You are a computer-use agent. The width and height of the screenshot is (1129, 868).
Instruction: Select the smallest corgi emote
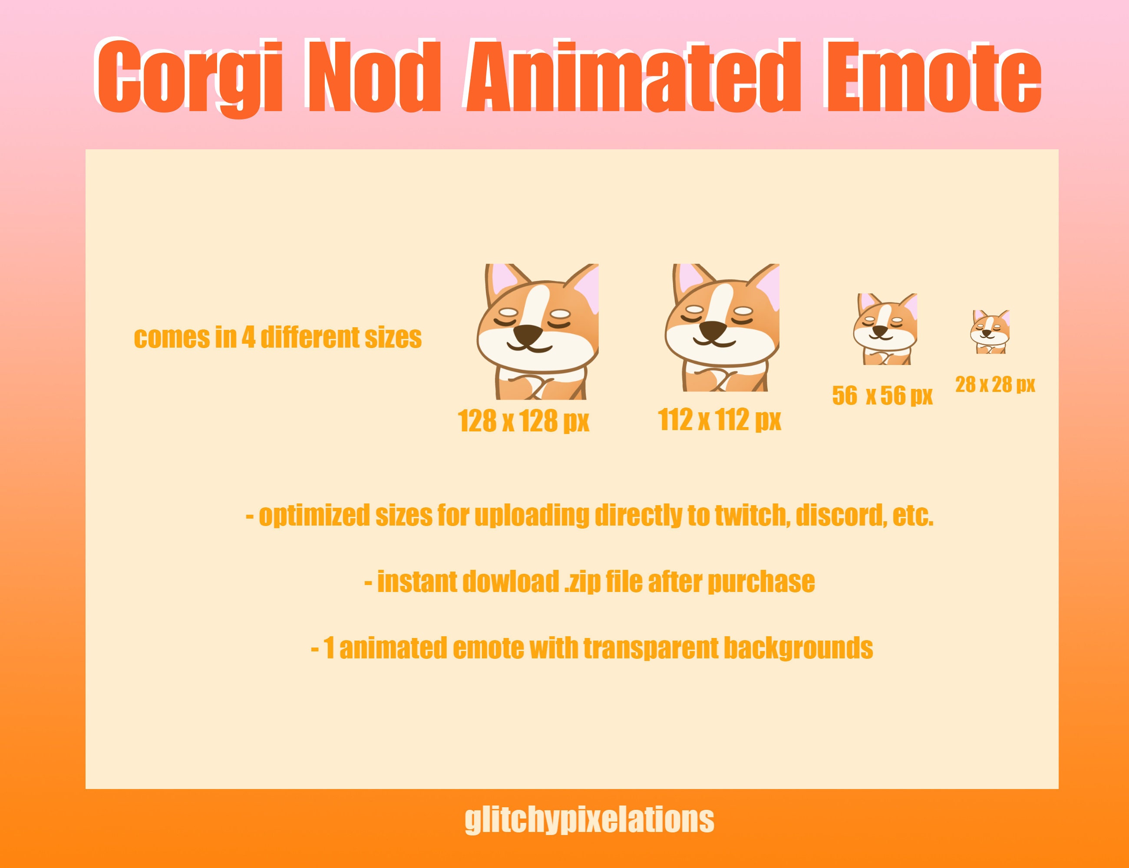click(x=990, y=332)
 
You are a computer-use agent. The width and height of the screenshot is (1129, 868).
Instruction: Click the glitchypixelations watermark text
click(x=589, y=820)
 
